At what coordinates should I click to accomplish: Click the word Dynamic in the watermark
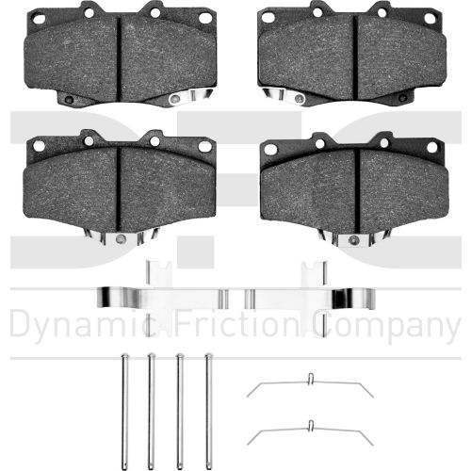point(79,326)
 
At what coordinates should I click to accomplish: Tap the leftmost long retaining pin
point(124,412)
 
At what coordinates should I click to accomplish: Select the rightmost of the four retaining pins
point(208,412)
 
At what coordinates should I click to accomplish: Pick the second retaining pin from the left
point(152,412)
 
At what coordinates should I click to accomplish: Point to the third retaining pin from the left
point(180,412)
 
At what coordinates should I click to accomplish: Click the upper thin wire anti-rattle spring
point(310,382)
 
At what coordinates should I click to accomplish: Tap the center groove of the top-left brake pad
point(119,58)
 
